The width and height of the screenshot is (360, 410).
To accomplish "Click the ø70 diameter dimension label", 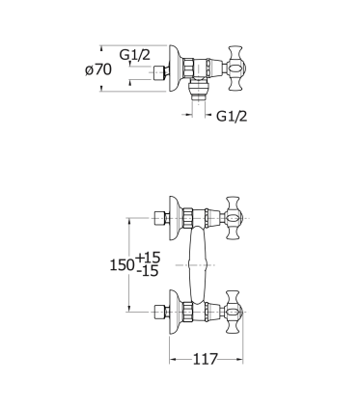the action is pyautogui.click(x=98, y=69).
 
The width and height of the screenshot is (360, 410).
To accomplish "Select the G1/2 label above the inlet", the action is pyautogui.click(x=135, y=55).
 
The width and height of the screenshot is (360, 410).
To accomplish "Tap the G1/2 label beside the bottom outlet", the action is pyautogui.click(x=232, y=116).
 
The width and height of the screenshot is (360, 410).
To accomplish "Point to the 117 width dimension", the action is pyautogui.click(x=206, y=359).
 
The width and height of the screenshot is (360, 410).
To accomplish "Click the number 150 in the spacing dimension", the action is pyautogui.click(x=122, y=265).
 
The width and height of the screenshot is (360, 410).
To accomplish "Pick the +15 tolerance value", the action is pyautogui.click(x=148, y=258).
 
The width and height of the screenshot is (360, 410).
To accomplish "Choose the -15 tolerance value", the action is pyautogui.click(x=148, y=271).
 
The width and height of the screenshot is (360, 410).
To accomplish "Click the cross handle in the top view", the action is pyautogui.click(x=237, y=68).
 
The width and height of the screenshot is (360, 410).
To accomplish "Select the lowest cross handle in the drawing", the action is pyautogui.click(x=235, y=312).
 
